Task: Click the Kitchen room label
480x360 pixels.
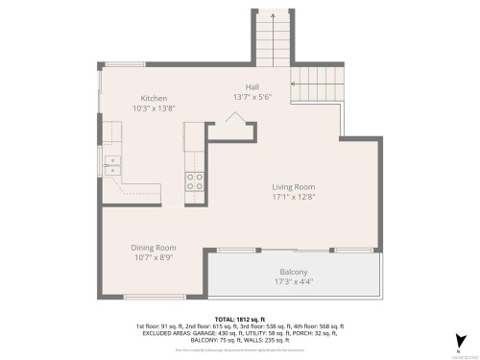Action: tap(155, 99)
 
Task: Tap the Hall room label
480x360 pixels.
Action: tap(252, 85)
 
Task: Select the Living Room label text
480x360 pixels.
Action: tap(293, 187)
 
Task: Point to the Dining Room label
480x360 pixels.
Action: tap(154, 248)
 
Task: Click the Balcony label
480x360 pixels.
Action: tap(294, 272)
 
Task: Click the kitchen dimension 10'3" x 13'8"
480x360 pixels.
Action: tap(155, 109)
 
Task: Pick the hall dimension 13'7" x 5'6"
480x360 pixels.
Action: tap(252, 96)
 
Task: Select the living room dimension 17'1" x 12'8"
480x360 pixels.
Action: tap(293, 198)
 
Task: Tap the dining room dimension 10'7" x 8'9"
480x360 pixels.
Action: tap(154, 258)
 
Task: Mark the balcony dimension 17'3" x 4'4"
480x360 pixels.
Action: tap(294, 282)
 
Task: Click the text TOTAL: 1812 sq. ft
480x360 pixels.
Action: tap(240, 318)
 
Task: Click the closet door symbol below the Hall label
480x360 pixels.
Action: tap(234, 118)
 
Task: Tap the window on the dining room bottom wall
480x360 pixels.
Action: tap(155, 297)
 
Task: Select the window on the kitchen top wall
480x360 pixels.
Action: tap(125, 64)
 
